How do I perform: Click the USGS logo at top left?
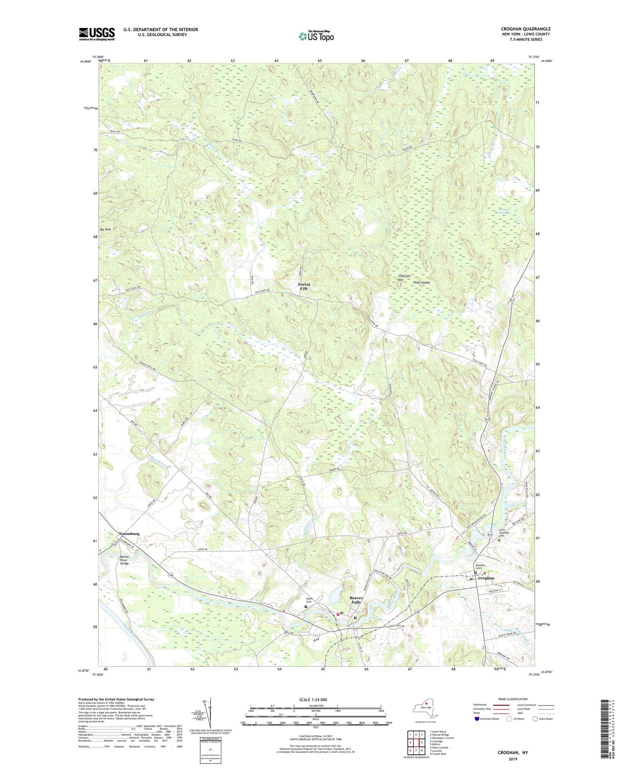tap(96, 34)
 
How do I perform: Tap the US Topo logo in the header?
tap(316, 36)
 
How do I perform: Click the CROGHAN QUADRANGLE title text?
tap(526, 29)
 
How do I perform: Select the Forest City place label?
tap(304, 286)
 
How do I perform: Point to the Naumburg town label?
tap(129, 534)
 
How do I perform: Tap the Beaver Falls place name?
tap(356, 600)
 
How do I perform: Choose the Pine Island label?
tap(421, 282)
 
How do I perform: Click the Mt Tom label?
tap(105, 230)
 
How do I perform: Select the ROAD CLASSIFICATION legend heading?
tap(512, 699)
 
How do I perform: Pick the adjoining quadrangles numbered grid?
tap(415, 743)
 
